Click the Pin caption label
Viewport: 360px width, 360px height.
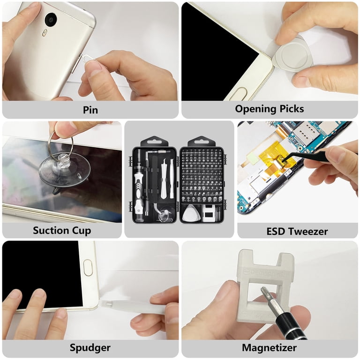coord(90,110)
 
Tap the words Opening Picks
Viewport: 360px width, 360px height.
coord(270,109)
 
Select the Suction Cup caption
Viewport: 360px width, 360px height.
coord(62,231)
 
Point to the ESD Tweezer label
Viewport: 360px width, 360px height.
coord(297,231)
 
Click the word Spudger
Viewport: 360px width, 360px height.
coord(90,348)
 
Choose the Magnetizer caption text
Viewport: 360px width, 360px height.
coord(269,348)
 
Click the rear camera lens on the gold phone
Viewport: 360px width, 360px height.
coord(51,20)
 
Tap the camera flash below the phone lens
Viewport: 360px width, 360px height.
coord(45,33)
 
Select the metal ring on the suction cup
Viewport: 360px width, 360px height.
coord(60,140)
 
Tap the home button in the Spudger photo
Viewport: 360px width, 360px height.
coord(88,268)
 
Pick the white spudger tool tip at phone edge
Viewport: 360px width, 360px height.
coord(107,304)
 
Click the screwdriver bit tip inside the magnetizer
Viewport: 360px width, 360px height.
coord(264,292)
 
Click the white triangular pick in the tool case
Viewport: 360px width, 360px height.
coord(191,213)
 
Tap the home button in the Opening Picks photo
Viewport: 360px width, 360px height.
coord(239,93)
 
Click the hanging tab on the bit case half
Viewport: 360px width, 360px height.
coord(202,141)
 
